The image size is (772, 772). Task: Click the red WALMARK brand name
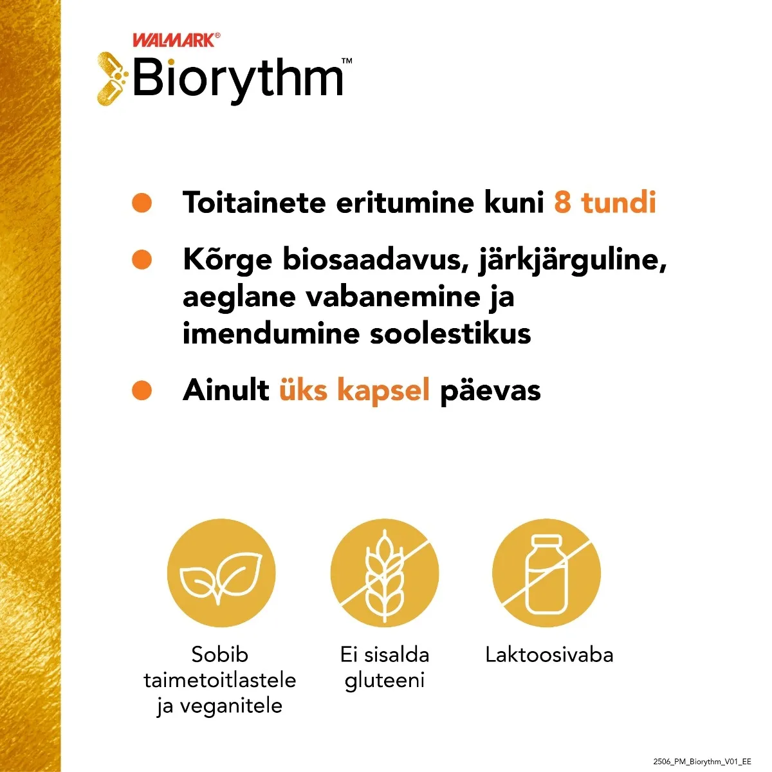coord(173,40)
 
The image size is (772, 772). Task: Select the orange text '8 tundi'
coord(605,203)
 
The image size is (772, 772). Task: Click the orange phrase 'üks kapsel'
coord(354,390)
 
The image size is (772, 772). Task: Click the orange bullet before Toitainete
coord(142,203)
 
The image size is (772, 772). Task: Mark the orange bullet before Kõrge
coord(142,260)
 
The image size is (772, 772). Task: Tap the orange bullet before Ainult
coord(142,390)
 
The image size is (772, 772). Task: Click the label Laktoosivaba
coord(549,655)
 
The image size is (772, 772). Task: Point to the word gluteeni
coord(385,681)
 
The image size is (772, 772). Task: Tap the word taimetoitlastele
coord(220,681)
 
